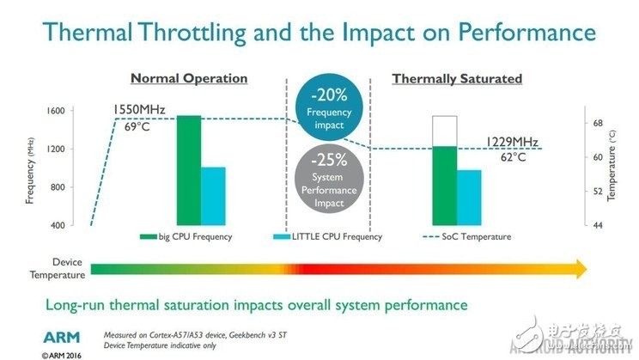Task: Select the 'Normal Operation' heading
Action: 189,78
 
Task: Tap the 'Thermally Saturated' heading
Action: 457,78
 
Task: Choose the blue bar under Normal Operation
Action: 213,196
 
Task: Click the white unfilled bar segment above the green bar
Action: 445,131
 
